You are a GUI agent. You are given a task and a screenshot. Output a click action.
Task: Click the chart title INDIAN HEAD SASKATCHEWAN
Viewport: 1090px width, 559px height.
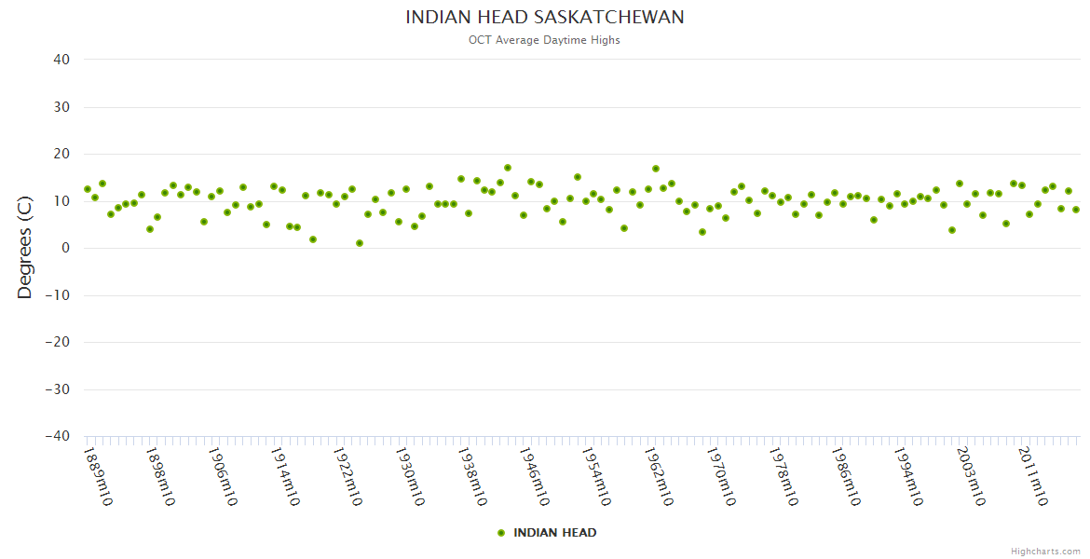point(545,18)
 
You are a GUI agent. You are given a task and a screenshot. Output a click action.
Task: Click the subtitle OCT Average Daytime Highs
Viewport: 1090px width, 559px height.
point(544,40)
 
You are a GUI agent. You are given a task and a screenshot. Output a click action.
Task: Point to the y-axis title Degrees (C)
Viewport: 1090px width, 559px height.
point(25,247)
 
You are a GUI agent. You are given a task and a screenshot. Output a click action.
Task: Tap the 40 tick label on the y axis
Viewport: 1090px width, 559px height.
point(61,60)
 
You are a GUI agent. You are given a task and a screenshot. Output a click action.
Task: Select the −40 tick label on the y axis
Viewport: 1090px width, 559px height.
point(57,436)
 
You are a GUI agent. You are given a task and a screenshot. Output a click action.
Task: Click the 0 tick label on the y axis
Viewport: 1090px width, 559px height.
point(66,248)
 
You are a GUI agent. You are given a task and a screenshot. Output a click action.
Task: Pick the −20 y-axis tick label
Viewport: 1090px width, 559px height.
point(57,342)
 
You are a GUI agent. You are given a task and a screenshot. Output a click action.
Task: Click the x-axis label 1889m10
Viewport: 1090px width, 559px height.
point(98,476)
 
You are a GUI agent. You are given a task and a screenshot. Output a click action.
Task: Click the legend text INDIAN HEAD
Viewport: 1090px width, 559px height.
point(555,533)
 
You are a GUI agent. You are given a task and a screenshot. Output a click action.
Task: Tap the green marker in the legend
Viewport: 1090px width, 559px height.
point(501,533)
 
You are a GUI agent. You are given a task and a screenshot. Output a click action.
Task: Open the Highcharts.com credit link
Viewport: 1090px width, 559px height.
point(1045,551)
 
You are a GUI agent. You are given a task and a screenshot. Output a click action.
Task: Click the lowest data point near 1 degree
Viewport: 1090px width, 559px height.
point(360,243)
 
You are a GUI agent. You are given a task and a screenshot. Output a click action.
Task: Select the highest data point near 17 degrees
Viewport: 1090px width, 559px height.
point(508,168)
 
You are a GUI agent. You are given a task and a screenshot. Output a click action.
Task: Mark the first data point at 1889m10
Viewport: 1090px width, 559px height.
point(88,189)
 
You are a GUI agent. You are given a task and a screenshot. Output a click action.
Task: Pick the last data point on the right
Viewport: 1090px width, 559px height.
point(1076,210)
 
